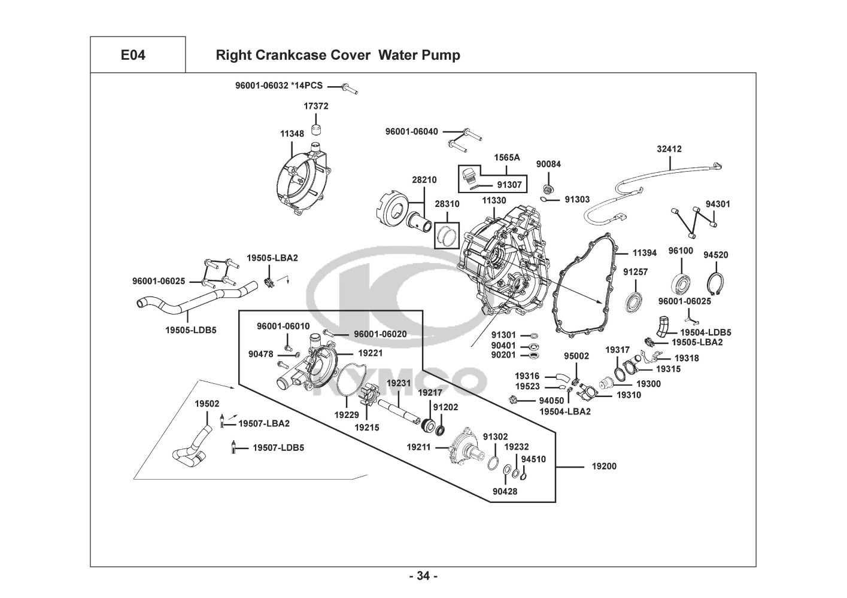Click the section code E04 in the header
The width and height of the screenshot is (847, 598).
click(133, 56)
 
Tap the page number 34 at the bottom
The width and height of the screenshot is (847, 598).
click(423, 576)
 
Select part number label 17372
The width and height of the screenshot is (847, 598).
click(315, 106)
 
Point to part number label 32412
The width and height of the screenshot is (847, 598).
click(669, 149)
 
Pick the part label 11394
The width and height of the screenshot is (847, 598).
click(644, 253)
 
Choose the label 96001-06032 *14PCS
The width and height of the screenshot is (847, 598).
click(278, 86)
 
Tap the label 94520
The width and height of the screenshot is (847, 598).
click(715, 255)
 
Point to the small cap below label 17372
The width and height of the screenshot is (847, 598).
click(315, 129)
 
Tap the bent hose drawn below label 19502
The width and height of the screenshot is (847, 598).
click(192, 448)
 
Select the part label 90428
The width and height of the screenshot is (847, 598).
click(505, 492)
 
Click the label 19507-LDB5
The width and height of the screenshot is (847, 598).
click(278, 448)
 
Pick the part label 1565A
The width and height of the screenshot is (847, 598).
click(506, 157)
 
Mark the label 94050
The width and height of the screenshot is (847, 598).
click(551, 401)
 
